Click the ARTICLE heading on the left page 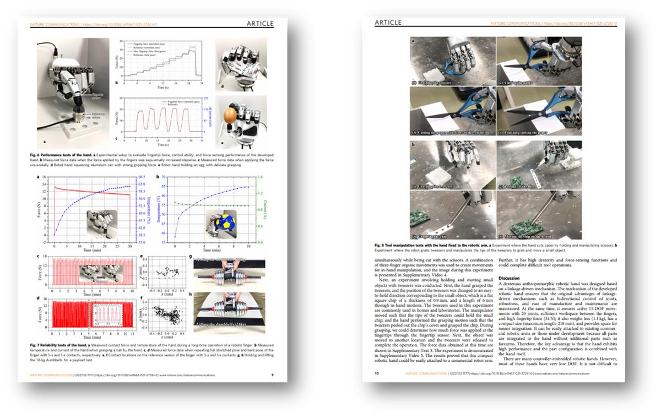(x=266, y=24)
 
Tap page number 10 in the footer (x=377, y=373)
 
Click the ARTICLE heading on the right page (x=388, y=23)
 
